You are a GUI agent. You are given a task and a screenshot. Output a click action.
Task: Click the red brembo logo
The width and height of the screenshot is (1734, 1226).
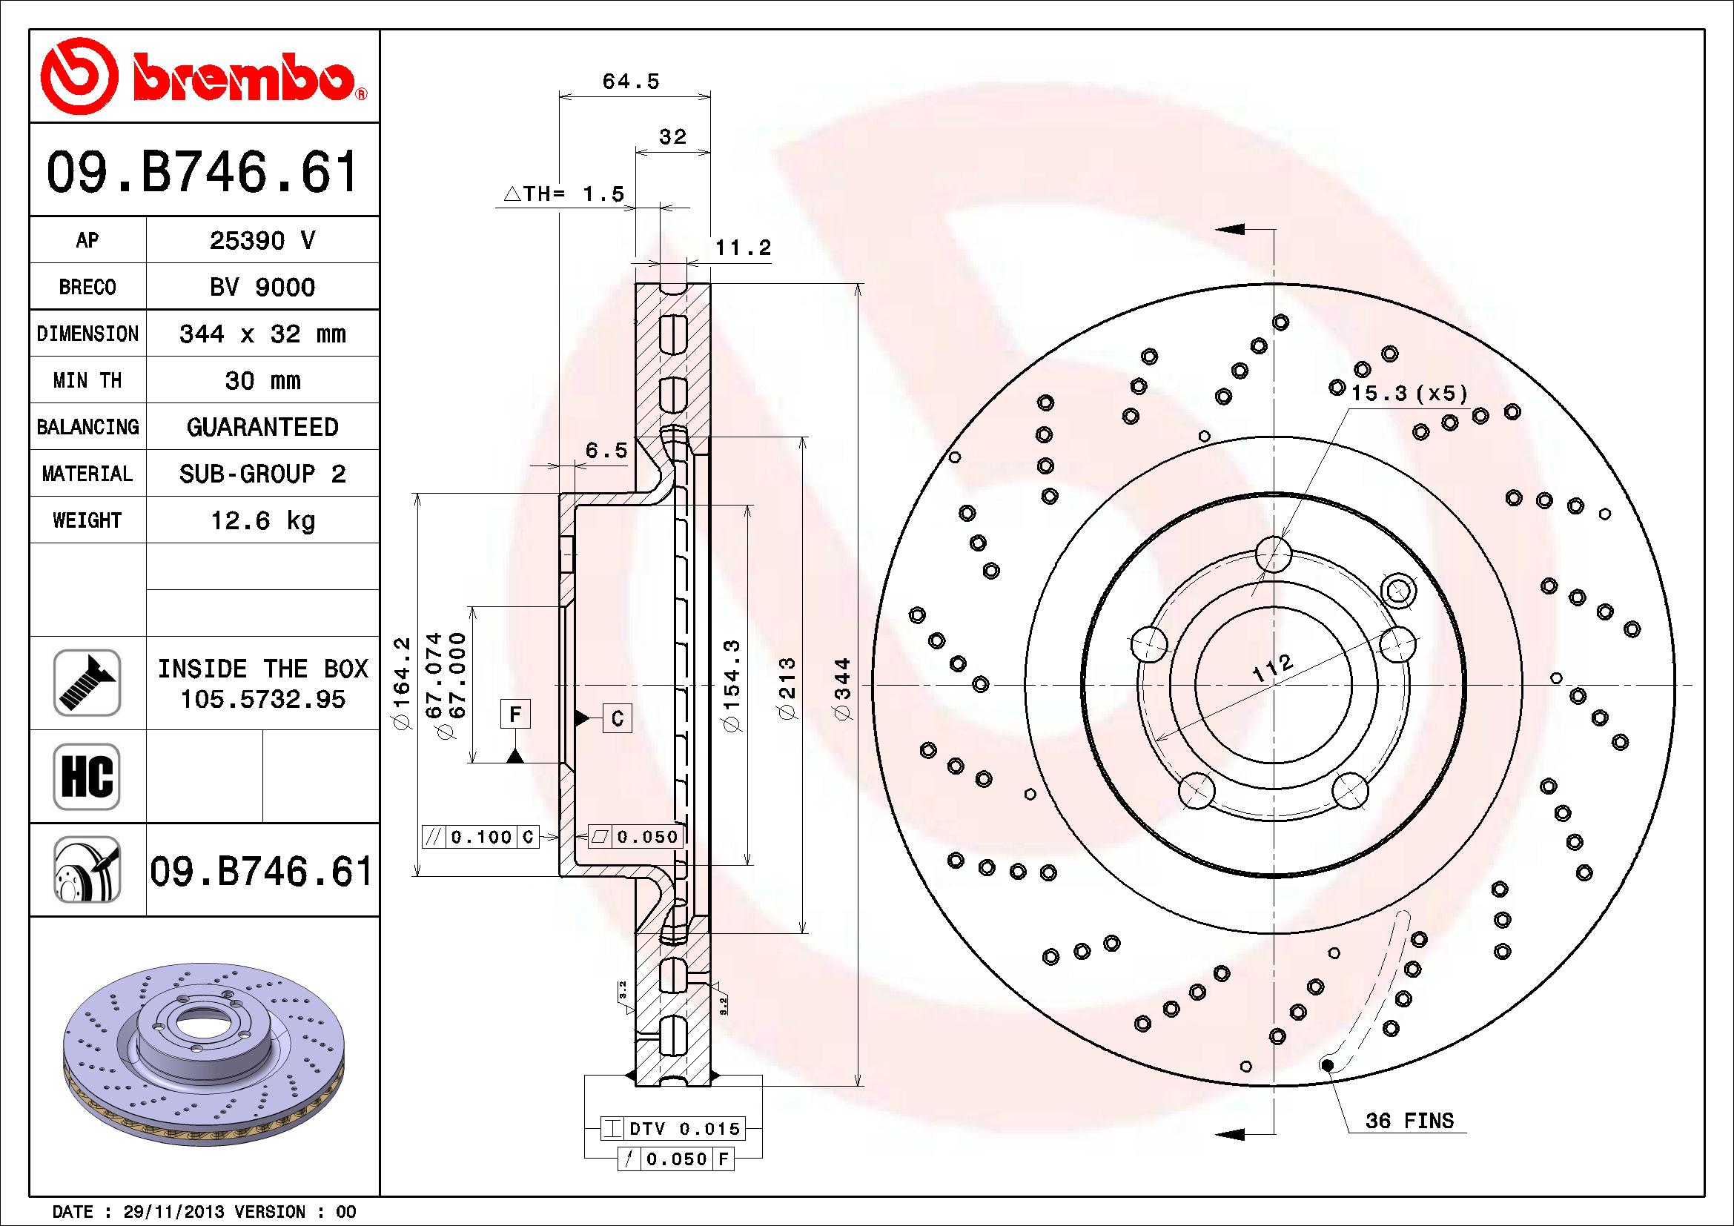tap(204, 76)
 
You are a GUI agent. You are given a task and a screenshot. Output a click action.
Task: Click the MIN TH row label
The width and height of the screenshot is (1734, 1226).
tap(87, 380)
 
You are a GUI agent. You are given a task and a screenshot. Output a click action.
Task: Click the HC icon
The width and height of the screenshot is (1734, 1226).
tap(87, 776)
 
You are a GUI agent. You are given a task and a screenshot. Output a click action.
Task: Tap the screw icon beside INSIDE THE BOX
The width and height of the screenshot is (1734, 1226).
tap(87, 683)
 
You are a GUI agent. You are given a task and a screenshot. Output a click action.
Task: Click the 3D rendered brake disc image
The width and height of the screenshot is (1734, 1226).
tap(204, 1053)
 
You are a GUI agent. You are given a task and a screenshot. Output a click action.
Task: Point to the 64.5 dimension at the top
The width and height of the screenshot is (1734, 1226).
tap(631, 82)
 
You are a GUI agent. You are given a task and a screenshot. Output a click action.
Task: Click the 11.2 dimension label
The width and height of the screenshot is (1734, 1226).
tap(743, 248)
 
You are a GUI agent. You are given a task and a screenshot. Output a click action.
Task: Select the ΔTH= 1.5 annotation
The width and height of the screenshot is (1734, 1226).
tap(564, 194)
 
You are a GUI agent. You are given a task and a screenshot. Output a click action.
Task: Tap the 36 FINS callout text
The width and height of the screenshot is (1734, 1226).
tap(1409, 1120)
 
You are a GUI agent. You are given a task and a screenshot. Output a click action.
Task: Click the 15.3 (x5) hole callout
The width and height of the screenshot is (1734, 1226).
tap(1409, 394)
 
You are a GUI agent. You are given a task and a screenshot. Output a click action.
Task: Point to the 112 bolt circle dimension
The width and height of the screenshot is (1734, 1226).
tap(1273, 667)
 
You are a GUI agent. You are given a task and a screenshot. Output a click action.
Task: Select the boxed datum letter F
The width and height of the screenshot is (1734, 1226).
tap(515, 713)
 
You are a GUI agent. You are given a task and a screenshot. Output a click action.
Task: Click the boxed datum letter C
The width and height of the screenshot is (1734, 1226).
tap(617, 718)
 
